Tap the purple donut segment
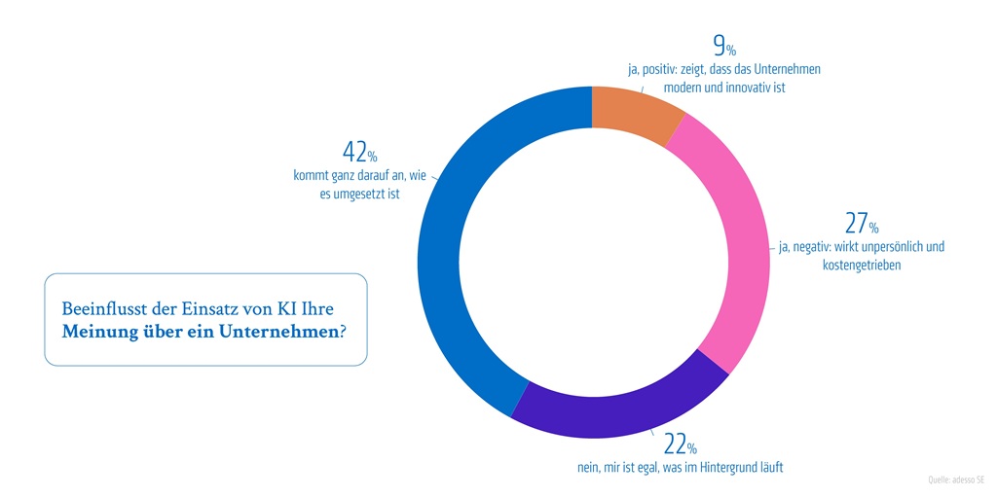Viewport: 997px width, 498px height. [x=618, y=408]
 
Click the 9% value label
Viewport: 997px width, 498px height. [x=723, y=46]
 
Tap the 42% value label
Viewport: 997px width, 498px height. [x=359, y=153]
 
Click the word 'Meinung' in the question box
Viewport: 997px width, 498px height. [x=95, y=331]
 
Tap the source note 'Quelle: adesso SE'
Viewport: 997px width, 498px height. [x=956, y=480]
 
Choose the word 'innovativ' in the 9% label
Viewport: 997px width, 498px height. [x=743, y=88]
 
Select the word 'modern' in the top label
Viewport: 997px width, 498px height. [x=683, y=88]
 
